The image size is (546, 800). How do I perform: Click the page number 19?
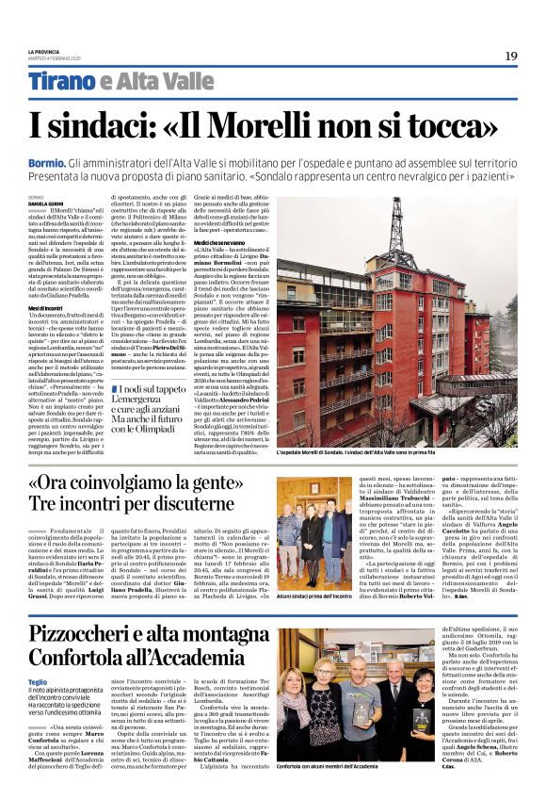510,56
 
